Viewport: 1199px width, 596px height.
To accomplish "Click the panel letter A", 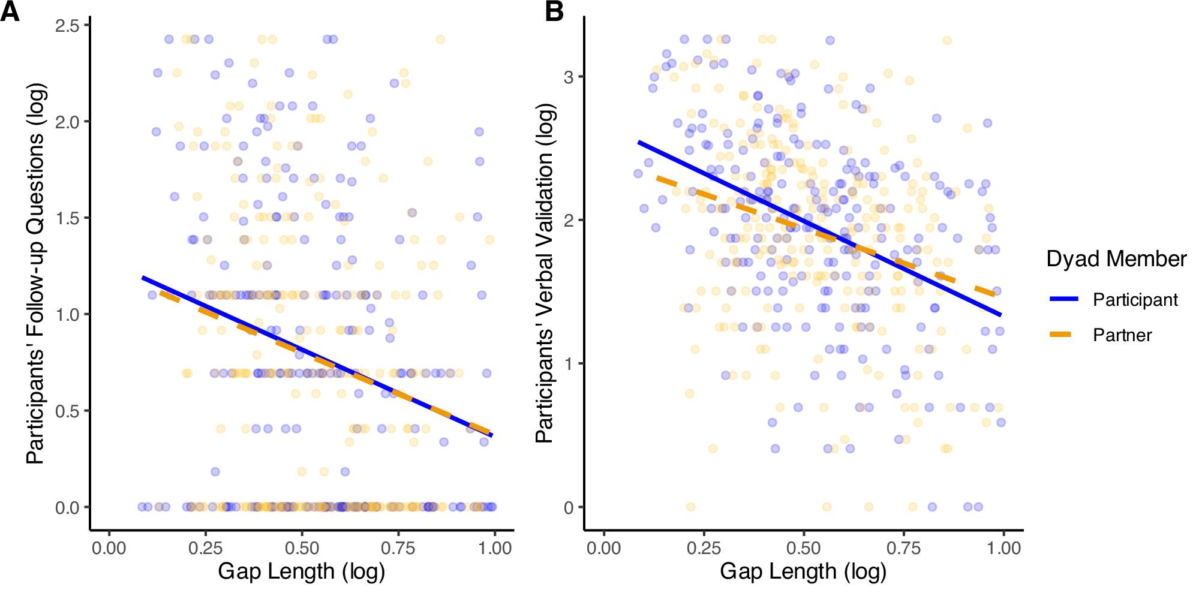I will (10, 12).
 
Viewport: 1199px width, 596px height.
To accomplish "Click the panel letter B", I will (554, 12).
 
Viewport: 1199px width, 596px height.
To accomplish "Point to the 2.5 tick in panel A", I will (67, 25).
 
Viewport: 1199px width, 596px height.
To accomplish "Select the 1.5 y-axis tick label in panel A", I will (67, 218).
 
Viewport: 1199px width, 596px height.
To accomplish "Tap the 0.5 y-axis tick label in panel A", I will (67, 411).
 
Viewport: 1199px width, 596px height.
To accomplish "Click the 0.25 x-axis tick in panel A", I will (205, 548).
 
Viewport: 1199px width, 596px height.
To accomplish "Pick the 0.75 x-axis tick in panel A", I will (398, 548).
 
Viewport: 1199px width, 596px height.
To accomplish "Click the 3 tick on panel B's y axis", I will (569, 77).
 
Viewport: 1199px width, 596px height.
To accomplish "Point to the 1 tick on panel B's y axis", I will (569, 363).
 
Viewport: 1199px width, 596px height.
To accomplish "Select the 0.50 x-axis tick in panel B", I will (803, 548).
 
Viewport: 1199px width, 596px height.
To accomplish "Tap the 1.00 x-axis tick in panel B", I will (1003, 548).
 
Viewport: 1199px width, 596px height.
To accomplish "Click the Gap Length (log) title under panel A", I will (301, 571).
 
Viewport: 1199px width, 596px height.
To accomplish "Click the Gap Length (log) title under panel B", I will (803, 571).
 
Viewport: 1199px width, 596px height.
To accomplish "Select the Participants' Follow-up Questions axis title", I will (36, 273).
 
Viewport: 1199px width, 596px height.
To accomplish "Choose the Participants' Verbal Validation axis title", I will (545, 273).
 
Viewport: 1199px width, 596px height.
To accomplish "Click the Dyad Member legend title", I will (1116, 259).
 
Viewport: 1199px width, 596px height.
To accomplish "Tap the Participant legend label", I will (1135, 300).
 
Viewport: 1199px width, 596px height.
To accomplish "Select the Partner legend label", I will (1122, 335).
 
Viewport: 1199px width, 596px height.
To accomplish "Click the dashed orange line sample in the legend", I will (1063, 335).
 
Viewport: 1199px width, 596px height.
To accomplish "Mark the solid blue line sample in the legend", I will (1063, 299).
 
